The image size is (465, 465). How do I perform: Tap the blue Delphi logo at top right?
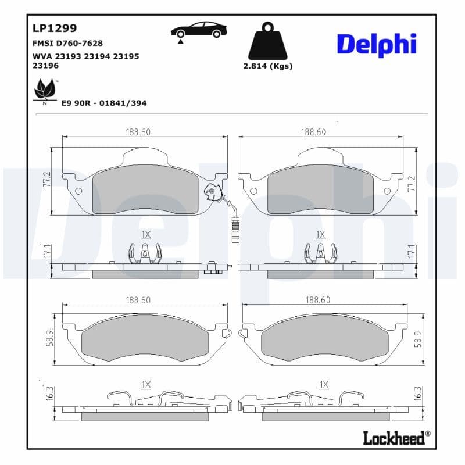pos(377,44)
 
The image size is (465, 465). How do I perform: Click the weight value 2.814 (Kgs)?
pos(267,66)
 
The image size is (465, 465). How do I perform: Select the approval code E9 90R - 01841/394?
pos(104,103)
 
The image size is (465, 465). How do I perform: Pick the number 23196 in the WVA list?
pos(46,66)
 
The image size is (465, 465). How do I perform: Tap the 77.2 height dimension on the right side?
pos(412,182)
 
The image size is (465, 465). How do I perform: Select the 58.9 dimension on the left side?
pos(49,339)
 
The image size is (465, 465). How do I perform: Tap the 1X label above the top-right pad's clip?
pos(320,234)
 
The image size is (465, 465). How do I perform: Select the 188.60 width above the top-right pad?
pos(313,132)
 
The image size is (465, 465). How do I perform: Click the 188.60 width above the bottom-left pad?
pos(138,300)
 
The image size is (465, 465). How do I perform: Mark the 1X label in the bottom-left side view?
pos(146,384)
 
